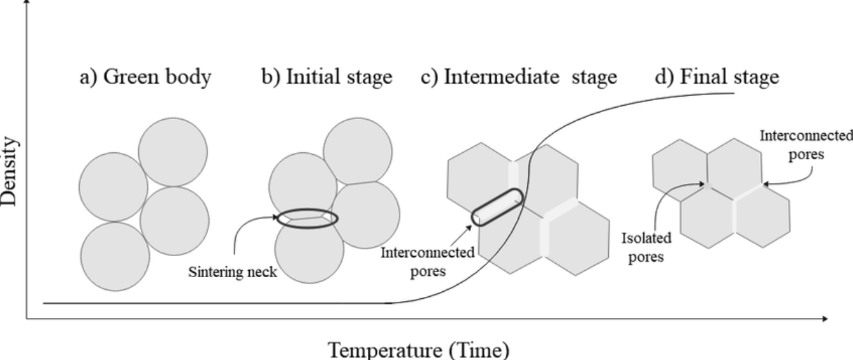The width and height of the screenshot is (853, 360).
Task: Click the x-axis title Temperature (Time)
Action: pos(419,350)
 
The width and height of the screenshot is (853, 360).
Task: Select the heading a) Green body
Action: pos(145,77)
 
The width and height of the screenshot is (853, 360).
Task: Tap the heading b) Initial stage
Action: pos(327,77)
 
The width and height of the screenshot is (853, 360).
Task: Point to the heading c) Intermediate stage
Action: pos(519,77)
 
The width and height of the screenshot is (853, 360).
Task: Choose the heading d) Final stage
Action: pos(717,77)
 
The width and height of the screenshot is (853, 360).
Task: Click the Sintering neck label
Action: pos(233,272)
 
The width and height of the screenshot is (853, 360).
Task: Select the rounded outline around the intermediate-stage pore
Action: pos(497,206)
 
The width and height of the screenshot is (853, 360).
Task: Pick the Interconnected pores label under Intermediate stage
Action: pos(427,261)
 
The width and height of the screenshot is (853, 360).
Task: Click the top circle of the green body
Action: pos(173,152)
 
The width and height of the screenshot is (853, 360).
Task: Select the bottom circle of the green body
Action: pos(115,256)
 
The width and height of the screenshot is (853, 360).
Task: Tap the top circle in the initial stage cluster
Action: pos(357,151)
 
